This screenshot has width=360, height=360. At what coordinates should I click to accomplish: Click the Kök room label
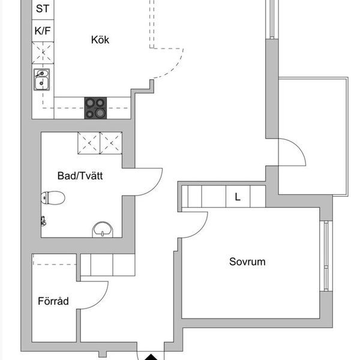pyautogui.click(x=100, y=40)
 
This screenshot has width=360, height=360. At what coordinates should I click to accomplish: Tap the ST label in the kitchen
pyautogui.click(x=43, y=9)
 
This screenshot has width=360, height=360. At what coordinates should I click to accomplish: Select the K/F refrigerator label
pyautogui.click(x=43, y=31)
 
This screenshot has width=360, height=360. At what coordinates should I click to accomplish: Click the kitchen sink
pyautogui.click(x=41, y=79)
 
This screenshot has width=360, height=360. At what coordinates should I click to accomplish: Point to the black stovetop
pyautogui.click(x=95, y=108)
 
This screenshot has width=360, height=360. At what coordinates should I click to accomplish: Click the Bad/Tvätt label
pyautogui.click(x=80, y=176)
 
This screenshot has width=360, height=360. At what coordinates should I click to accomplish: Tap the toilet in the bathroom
pyautogui.click(x=53, y=197)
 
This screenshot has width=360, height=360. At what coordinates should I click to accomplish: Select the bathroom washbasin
pyautogui.click(x=103, y=229)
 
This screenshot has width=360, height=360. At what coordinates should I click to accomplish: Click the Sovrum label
pyautogui.click(x=247, y=262)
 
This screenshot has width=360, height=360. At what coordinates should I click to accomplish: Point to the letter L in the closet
pyautogui.click(x=238, y=197)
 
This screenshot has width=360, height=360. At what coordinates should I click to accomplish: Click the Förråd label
pyautogui.click(x=53, y=301)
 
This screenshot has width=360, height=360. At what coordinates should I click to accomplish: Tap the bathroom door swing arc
pyautogui.click(x=155, y=187)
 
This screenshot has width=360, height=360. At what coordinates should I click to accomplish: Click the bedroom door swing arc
pyautogui.click(x=200, y=230)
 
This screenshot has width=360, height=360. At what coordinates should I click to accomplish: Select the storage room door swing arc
pyautogui.click(x=101, y=301)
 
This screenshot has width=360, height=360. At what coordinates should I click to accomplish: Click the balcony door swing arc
pyautogui.click(x=298, y=146)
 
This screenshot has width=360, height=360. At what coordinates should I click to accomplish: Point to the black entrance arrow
pyautogui.click(x=151, y=357)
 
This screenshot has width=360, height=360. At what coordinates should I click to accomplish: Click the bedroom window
pyautogui.click(x=326, y=256)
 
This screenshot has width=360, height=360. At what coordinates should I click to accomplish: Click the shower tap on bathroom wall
pyautogui.click(x=43, y=221)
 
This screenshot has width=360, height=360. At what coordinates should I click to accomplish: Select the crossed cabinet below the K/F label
pyautogui.click(x=43, y=53)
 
